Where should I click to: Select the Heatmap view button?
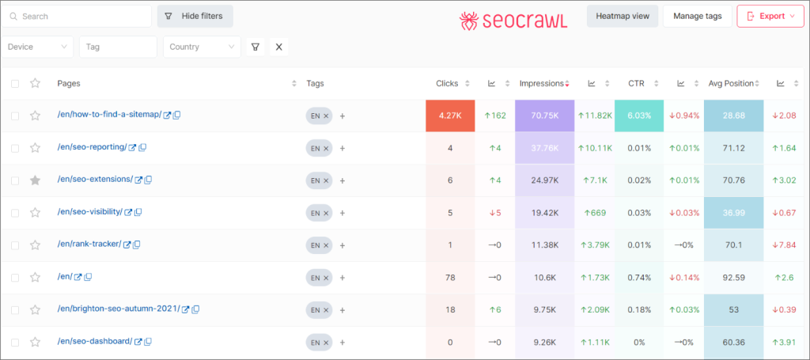(622, 16)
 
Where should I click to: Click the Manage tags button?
(697, 16)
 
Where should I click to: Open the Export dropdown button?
(770, 16)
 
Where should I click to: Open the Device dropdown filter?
(38, 47)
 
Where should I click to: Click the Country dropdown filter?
(202, 47)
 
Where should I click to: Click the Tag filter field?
(118, 47)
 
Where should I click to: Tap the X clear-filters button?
(278, 47)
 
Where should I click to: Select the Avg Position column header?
(730, 83)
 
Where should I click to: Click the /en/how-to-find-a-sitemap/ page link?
(109, 115)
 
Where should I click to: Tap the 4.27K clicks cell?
(449, 116)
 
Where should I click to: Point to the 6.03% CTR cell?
(639, 116)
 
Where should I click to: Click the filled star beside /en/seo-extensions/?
(35, 180)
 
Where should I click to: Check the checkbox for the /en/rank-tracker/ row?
(15, 244)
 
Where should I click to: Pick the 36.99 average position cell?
(734, 212)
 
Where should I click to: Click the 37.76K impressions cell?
(543, 147)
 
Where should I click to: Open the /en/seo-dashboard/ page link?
(94, 342)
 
